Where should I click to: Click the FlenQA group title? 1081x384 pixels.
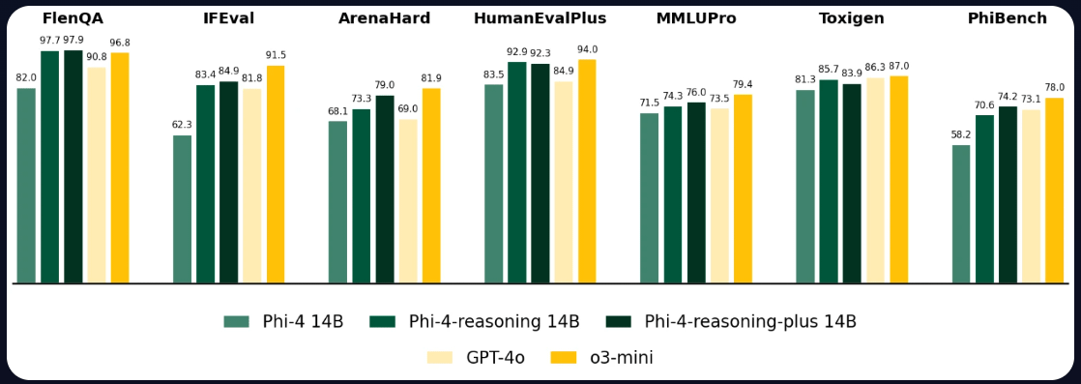(x=73, y=18)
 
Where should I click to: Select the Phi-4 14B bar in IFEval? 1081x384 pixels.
(x=182, y=209)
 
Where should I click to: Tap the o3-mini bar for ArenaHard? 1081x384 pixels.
(x=431, y=186)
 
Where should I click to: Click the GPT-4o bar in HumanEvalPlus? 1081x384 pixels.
(x=564, y=182)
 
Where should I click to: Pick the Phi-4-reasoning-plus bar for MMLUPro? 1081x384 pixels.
(x=696, y=192)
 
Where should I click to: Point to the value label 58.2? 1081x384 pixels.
(x=960, y=135)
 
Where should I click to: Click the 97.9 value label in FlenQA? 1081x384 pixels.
(x=73, y=40)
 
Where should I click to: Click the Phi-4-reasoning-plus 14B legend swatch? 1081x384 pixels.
(x=618, y=322)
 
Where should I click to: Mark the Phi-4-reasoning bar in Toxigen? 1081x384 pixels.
(x=829, y=181)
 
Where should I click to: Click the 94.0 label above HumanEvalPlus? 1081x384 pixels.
(x=587, y=49)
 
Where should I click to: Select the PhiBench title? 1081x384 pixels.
(x=1008, y=18)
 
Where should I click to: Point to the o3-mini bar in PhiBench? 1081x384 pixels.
(x=1054, y=191)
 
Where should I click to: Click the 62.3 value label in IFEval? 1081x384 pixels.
(x=182, y=125)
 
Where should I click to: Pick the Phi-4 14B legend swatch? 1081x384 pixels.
(x=236, y=322)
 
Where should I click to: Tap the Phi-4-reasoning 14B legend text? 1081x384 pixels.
(x=494, y=322)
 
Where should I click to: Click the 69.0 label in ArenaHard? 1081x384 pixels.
(x=408, y=109)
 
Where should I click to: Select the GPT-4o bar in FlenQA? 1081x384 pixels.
(x=97, y=175)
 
